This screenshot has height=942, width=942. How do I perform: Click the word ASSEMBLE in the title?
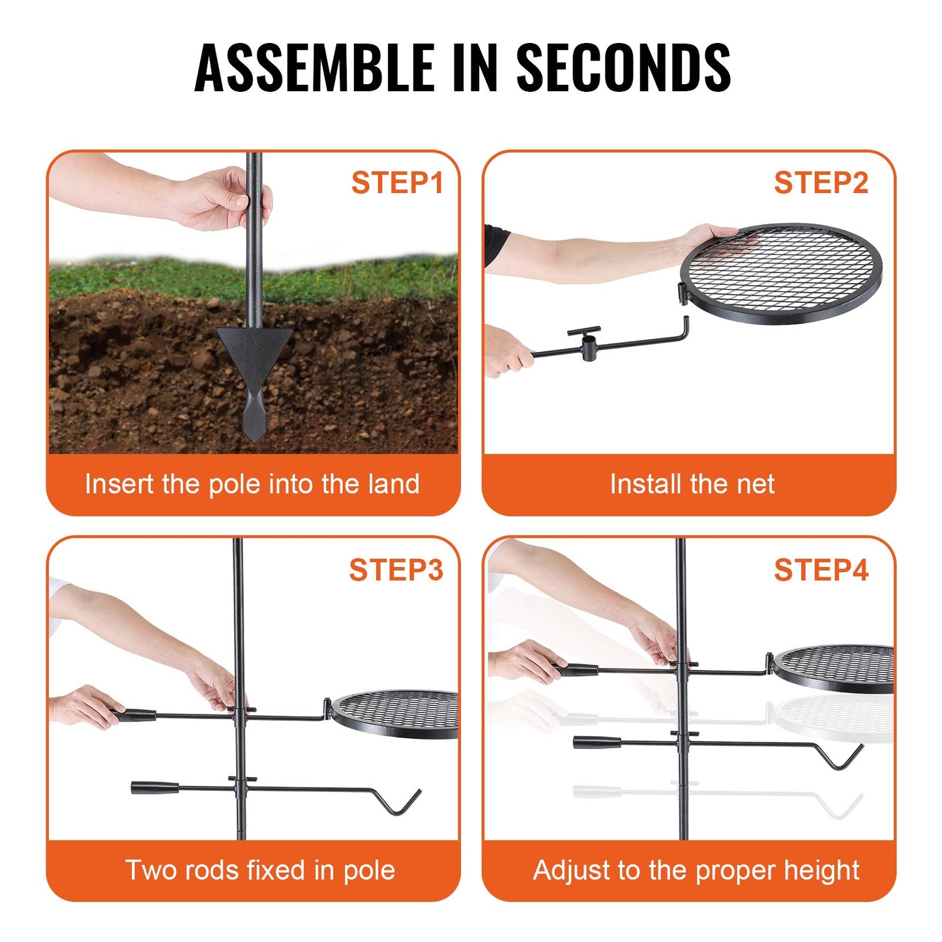pyautogui.click(x=314, y=67)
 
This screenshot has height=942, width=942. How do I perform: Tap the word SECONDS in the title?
pyautogui.click(x=624, y=67)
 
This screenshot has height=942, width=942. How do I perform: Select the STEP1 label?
pyautogui.click(x=397, y=183)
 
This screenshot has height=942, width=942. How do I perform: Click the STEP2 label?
pyautogui.click(x=821, y=183)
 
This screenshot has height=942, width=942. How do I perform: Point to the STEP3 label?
pyautogui.click(x=396, y=570)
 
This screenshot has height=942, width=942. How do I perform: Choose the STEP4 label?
pyautogui.click(x=821, y=570)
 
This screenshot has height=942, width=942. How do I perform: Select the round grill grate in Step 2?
pyautogui.click(x=781, y=273)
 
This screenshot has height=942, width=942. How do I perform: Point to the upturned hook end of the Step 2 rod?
pyautogui.click(x=685, y=327)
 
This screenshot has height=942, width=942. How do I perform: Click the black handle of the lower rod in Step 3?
pyautogui.click(x=155, y=787)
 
